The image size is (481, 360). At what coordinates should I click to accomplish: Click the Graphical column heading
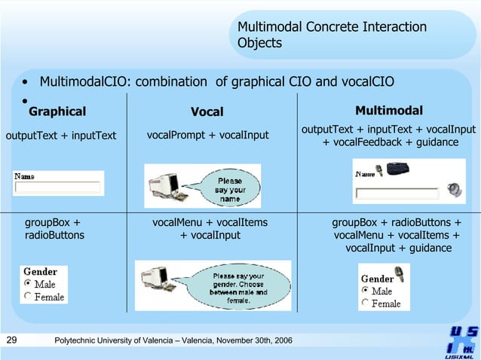point(57,112)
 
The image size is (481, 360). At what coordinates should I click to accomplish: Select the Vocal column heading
point(207,112)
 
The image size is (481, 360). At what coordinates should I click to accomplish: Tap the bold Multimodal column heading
point(388,111)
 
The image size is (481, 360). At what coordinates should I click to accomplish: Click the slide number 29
point(11,341)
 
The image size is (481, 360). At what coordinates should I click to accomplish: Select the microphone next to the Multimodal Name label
point(381,172)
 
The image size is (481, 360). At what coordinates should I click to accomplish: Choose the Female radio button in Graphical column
point(29,297)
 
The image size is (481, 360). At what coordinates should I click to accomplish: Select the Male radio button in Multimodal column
point(366,291)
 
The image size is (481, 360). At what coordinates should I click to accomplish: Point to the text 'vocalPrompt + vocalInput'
point(207,136)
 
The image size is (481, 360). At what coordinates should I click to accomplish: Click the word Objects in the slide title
point(259,43)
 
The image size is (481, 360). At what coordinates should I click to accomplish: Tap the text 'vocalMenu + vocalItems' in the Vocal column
point(210,223)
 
